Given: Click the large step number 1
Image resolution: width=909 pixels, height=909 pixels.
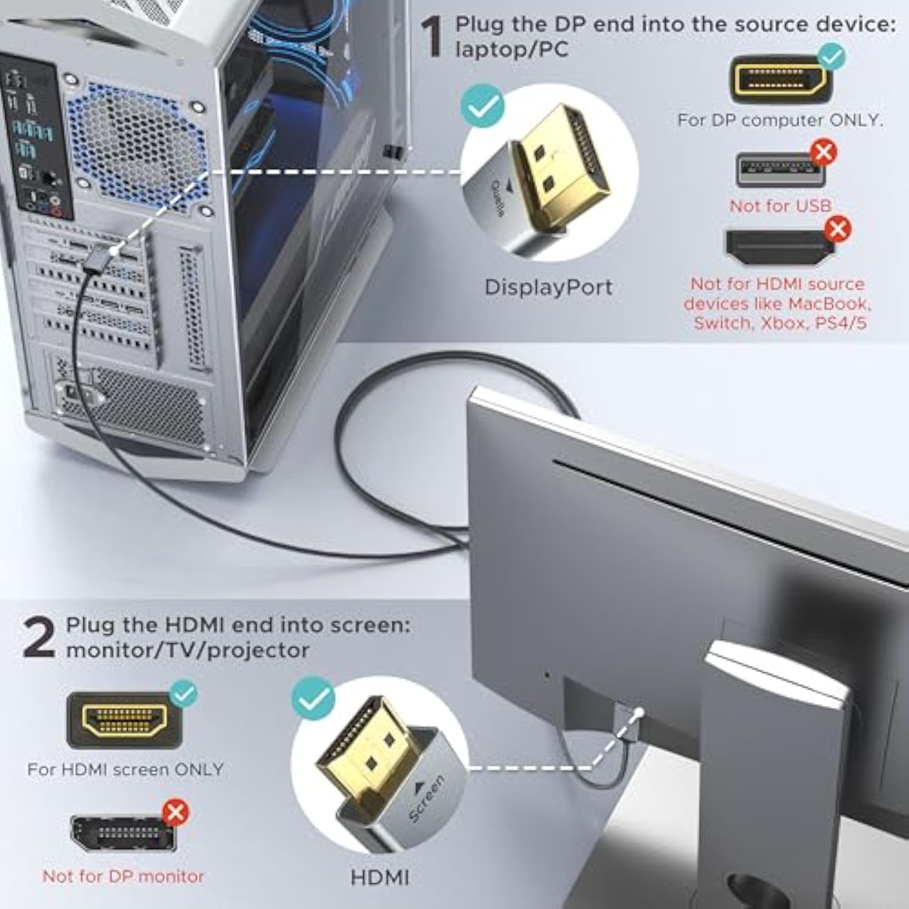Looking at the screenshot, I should pyautogui.click(x=433, y=38).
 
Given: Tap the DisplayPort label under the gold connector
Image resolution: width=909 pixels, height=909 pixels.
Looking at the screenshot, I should pyautogui.click(x=548, y=287).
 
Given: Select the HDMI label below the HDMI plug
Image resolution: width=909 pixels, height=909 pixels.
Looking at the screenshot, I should pyautogui.click(x=380, y=877).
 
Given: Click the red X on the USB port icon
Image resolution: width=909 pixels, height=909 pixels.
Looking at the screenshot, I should pyautogui.click(x=823, y=152).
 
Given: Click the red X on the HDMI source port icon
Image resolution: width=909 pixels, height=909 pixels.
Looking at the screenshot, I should pyautogui.click(x=837, y=229).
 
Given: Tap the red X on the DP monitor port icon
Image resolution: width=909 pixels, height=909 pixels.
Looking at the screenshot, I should pyautogui.click(x=176, y=812).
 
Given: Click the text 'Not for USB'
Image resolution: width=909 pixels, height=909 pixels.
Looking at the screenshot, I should pyautogui.click(x=780, y=206).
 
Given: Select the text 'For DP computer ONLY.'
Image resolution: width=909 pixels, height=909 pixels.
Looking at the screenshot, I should pyautogui.click(x=780, y=120).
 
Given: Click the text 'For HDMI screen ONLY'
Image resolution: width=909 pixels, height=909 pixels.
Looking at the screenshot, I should pyautogui.click(x=125, y=770).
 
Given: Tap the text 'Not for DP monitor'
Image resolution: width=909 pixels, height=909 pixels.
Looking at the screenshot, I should pyautogui.click(x=123, y=876).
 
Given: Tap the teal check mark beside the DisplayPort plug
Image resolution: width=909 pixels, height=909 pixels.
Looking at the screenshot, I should pyautogui.click(x=482, y=106).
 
